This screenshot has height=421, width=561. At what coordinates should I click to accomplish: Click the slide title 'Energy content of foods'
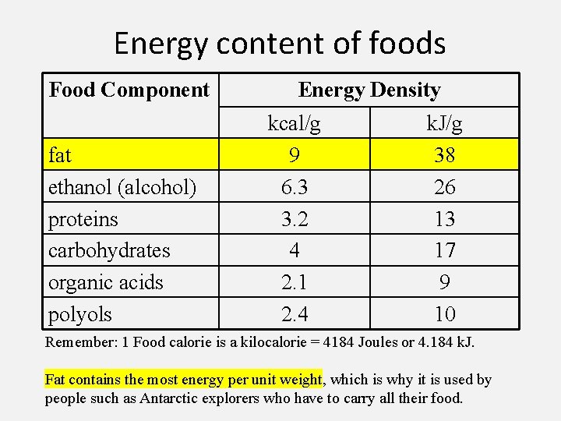[x=280, y=43]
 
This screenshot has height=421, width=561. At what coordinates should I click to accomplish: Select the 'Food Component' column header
[x=129, y=90]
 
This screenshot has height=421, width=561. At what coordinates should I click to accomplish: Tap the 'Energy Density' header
[x=369, y=90]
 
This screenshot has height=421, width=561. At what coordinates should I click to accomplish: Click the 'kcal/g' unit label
[x=294, y=123]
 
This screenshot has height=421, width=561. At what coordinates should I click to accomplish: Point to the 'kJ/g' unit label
[x=444, y=123]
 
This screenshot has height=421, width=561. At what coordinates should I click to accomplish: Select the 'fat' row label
[x=60, y=155]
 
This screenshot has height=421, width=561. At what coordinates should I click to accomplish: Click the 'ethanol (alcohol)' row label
[x=122, y=187]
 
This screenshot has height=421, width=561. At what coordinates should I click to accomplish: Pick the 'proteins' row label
[x=83, y=219]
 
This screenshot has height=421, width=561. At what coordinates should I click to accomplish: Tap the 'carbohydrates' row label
[x=109, y=250]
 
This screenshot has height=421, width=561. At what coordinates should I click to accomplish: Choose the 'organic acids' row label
[x=106, y=282]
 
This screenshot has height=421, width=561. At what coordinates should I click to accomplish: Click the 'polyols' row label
[x=80, y=314]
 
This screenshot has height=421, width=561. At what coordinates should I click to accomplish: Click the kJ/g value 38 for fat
[x=444, y=155]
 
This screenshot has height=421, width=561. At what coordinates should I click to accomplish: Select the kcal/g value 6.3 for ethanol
[x=295, y=187]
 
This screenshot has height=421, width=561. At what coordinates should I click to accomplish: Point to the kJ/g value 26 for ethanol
[x=444, y=187]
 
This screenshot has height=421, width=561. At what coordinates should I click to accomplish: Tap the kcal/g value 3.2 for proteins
[x=295, y=219]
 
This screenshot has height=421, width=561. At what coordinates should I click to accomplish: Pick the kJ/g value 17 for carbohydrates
[x=444, y=250]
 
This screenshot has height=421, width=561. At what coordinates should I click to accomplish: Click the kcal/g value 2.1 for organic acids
[x=295, y=282]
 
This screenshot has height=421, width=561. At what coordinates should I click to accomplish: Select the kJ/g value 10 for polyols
[x=444, y=314]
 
